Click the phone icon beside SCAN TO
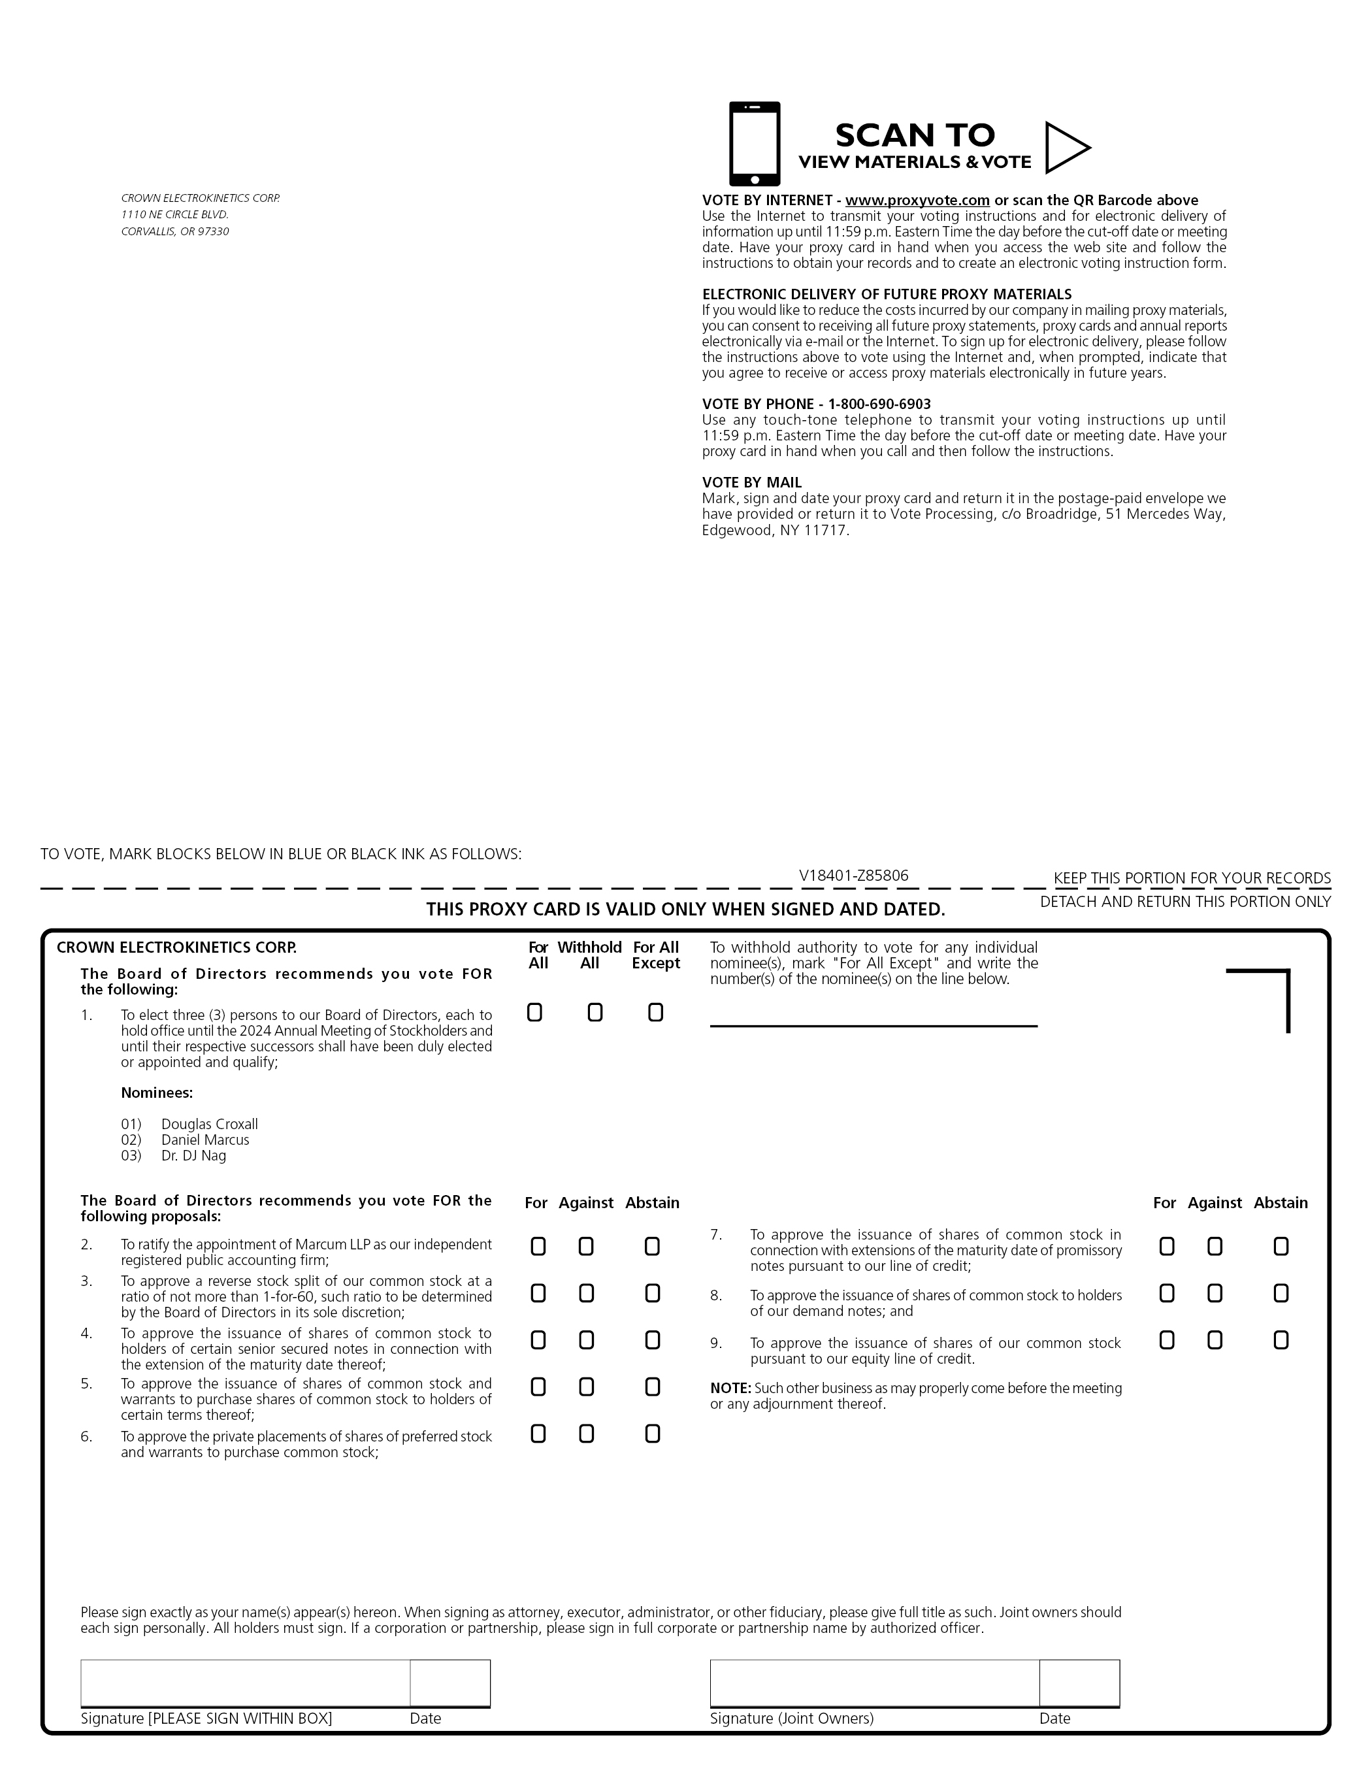coord(754,144)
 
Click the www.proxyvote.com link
coord(917,200)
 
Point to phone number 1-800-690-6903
coord(879,404)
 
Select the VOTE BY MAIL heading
coord(751,482)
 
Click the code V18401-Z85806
coord(853,876)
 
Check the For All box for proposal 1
coord(534,1012)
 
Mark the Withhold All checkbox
coord(595,1012)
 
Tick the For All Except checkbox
coord(655,1012)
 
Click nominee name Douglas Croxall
coord(209,1124)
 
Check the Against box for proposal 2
coord(587,1247)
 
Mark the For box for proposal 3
coord(538,1294)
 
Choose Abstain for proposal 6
coord(652,1434)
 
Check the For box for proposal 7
coord(1166,1247)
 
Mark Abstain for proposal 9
coord(1281,1340)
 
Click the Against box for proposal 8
coord(1215,1294)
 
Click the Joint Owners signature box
coord(874,1683)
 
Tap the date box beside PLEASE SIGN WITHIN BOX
coord(449,1683)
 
